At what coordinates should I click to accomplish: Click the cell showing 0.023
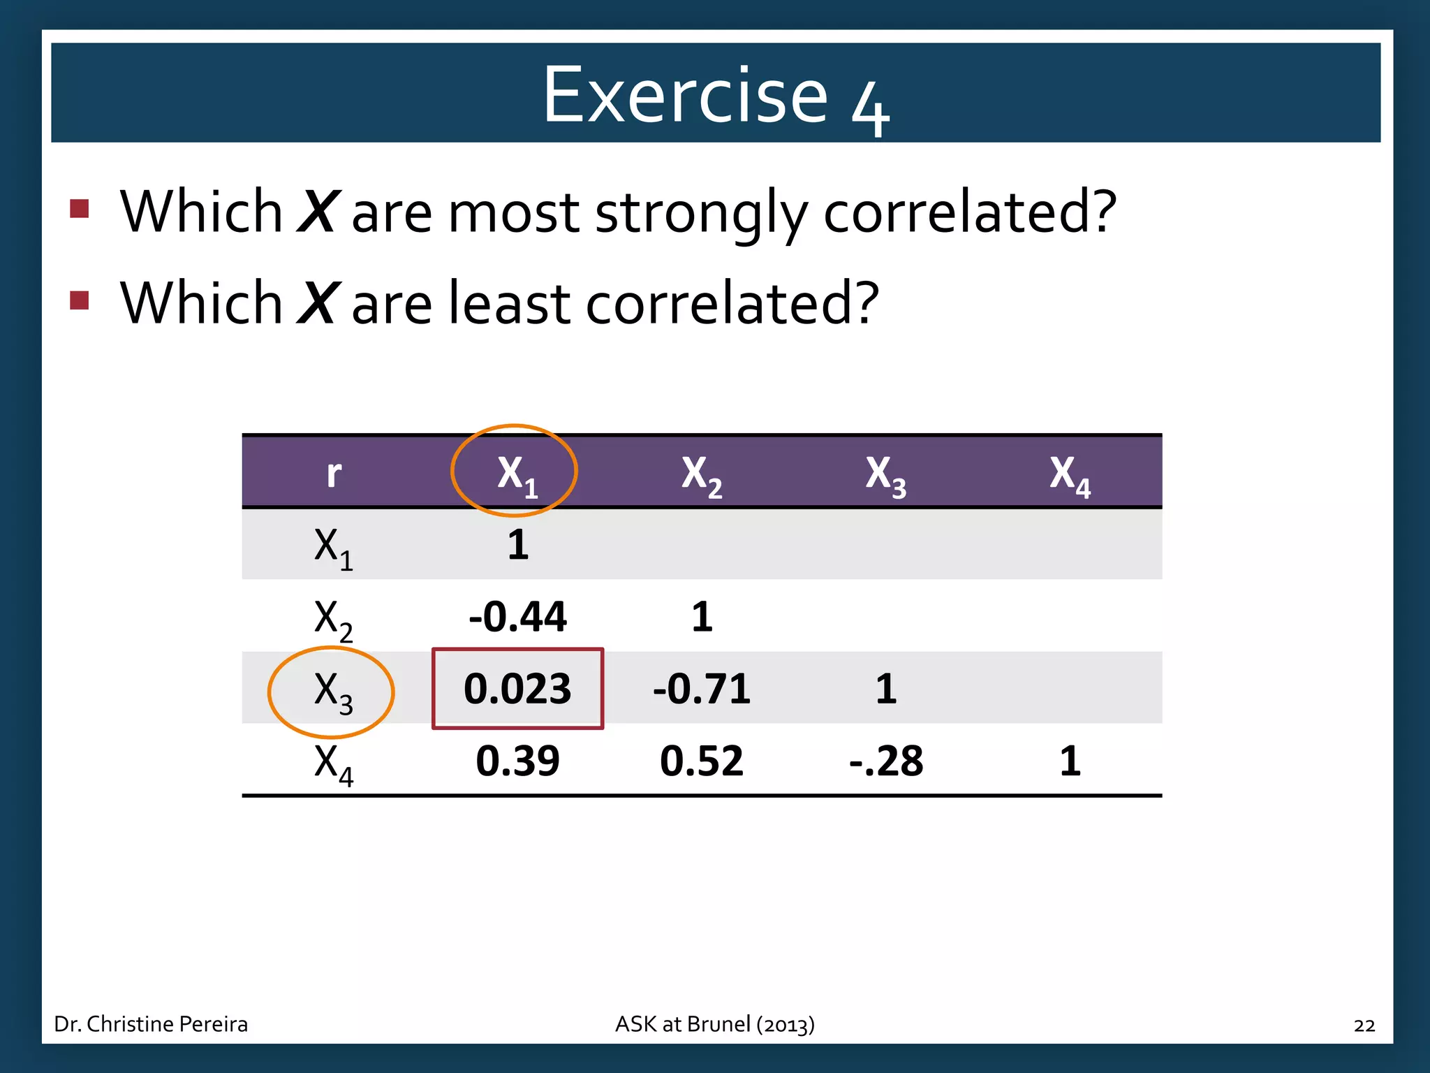point(517,689)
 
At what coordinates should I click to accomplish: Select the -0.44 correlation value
point(517,617)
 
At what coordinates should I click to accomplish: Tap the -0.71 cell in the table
point(702,689)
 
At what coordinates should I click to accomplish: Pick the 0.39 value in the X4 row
point(517,761)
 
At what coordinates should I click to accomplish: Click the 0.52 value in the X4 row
point(702,761)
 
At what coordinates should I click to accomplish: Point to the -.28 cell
point(885,761)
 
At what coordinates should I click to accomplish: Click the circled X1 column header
point(515,472)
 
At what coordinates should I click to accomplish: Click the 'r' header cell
point(334,474)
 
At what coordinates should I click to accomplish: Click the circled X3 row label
point(332,692)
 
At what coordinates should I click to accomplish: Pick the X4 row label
point(333,764)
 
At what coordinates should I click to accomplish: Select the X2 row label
point(333,619)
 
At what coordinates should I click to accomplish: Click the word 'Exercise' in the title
point(685,95)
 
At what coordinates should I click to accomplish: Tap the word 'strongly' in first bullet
point(700,212)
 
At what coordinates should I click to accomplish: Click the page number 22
point(1364,1025)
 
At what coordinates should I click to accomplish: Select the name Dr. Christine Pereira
point(151,1024)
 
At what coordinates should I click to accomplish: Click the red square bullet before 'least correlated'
point(80,300)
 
